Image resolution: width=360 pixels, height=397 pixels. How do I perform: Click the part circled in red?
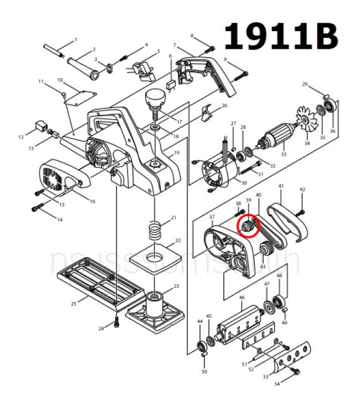[x=247, y=226]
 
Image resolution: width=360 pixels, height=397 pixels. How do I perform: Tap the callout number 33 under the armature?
[x=284, y=154]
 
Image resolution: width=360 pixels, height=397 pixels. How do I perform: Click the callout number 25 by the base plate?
[x=74, y=304]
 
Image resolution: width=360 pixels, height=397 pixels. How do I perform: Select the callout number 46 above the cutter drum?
[x=241, y=298]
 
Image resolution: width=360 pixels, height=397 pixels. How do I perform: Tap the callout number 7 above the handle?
[x=174, y=45]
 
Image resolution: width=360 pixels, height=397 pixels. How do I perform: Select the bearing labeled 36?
[x=331, y=106]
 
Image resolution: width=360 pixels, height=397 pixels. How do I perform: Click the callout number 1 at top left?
[x=76, y=39]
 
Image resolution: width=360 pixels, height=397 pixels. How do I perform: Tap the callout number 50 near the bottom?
[x=204, y=371]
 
